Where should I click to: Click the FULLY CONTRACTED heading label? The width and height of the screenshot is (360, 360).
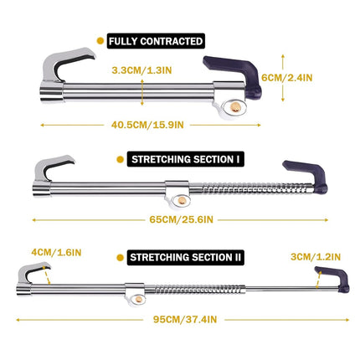pyautogui.click(x=156, y=41)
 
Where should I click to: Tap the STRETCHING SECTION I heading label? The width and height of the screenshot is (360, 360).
pyautogui.click(x=186, y=159)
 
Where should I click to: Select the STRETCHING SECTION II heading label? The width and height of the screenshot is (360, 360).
pyautogui.click(x=186, y=257)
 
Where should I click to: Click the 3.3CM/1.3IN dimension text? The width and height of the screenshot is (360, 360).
pyautogui.click(x=141, y=70)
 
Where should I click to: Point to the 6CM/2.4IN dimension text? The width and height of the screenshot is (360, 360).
pyautogui.click(x=287, y=78)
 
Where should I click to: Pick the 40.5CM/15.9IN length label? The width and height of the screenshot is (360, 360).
pyautogui.click(x=147, y=125)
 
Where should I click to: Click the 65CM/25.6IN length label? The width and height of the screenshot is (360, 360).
pyautogui.click(x=181, y=219)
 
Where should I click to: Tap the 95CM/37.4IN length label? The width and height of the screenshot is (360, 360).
pyautogui.click(x=185, y=319)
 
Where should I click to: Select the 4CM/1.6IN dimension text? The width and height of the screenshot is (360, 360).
pyautogui.click(x=56, y=253)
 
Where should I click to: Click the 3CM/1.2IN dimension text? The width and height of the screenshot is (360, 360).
pyautogui.click(x=316, y=257)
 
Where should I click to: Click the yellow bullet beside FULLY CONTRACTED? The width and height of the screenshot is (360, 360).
pyautogui.click(x=100, y=41)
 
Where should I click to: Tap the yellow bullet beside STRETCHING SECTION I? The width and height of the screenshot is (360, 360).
pyautogui.click(x=121, y=159)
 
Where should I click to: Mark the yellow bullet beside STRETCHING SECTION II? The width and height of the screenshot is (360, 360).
pyautogui.click(x=121, y=258)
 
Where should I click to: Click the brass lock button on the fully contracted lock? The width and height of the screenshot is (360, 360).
pyautogui.click(x=236, y=107)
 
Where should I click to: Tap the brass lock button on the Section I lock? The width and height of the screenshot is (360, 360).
pyautogui.click(x=182, y=200)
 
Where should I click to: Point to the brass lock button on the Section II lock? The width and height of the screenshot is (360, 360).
pyautogui.click(x=139, y=300)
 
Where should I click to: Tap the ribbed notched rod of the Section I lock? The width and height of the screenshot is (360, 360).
pyautogui.click(x=257, y=188)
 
